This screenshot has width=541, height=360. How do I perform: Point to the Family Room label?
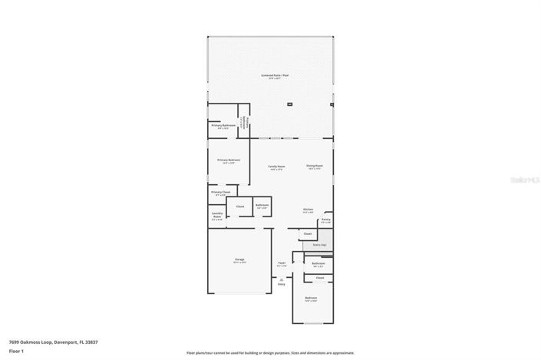point(276,166)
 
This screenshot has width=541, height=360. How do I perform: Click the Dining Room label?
point(315,166)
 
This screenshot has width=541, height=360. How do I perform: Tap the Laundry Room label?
point(217,216)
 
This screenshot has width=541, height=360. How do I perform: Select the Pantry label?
point(326,220)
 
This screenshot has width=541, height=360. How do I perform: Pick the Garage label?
point(239,259)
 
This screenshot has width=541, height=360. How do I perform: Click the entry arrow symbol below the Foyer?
point(282,279)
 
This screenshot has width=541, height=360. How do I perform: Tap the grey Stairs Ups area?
point(315,246)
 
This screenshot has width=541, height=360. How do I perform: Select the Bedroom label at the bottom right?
point(311,298)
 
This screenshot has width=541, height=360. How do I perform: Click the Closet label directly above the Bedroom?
point(319,277)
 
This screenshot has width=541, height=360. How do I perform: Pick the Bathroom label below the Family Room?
point(262,205)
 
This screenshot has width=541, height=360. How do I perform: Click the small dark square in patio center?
point(289,104)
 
